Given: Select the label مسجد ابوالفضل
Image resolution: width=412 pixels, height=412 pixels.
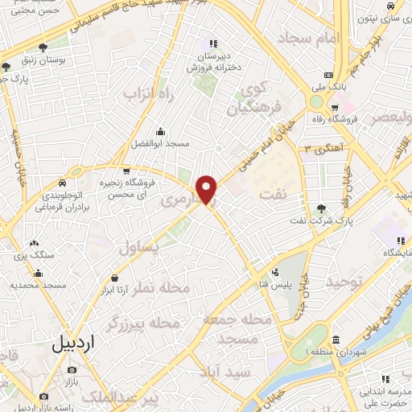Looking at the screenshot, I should [161, 144].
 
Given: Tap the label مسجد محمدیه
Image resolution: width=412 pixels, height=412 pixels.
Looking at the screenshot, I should [38, 286].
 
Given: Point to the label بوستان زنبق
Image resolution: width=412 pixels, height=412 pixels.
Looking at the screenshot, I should [42, 61].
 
